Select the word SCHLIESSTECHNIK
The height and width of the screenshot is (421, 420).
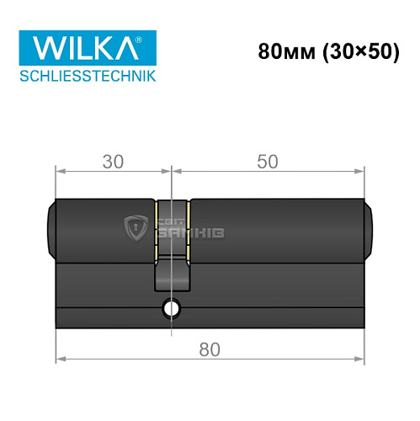(87, 77)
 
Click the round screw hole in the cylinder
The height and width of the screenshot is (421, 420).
(172, 309)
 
